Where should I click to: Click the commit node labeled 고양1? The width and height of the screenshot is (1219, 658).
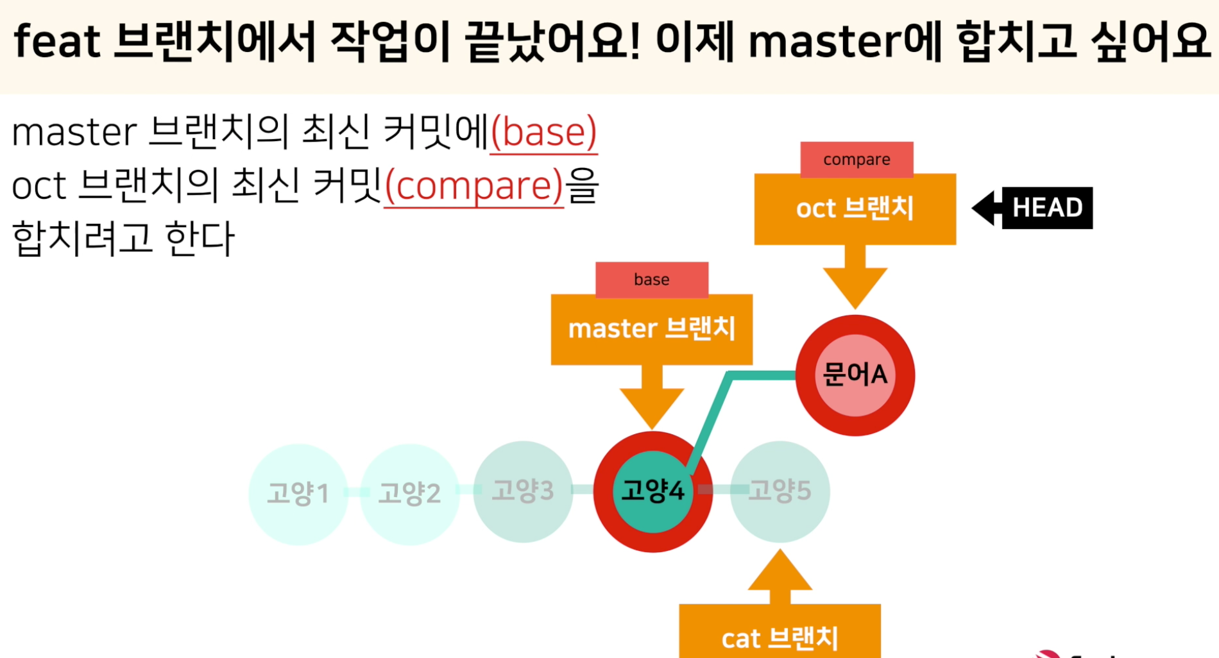coord(298,494)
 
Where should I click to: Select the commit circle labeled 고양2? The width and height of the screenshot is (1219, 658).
coord(409,494)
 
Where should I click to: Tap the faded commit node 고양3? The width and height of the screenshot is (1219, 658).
coord(523,491)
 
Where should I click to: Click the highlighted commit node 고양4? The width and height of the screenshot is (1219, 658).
coord(652,491)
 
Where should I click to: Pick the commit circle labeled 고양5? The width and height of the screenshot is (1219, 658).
coord(780,491)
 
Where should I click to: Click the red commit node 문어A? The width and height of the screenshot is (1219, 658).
coord(855,375)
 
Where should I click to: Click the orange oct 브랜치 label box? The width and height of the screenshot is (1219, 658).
coord(855,209)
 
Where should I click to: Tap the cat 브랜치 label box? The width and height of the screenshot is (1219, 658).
coord(780,635)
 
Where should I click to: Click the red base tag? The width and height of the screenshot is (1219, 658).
coord(651,280)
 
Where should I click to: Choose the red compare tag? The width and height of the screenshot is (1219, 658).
coord(857,160)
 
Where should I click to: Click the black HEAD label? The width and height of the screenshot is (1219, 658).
coord(1047,208)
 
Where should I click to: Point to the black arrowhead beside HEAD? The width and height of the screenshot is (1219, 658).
coord(985,208)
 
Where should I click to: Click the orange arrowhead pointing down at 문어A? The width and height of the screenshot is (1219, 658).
coord(855,285)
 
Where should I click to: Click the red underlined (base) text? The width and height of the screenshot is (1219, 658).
coord(543,133)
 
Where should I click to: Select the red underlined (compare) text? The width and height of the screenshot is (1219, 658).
coord(473,186)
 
